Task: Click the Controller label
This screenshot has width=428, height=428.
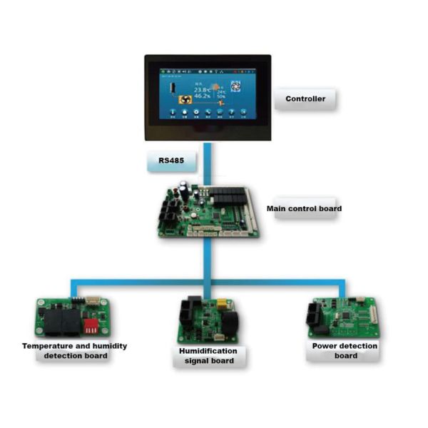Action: [305, 99]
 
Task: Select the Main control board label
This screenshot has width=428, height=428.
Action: [304, 209]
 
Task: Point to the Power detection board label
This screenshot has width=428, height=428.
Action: [345, 350]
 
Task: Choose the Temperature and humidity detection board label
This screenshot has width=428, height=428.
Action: [75, 350]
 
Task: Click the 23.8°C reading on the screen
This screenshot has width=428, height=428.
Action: [201, 90]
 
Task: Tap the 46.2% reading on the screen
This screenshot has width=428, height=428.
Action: [201, 97]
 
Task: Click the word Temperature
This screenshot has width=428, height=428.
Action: [46, 345]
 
